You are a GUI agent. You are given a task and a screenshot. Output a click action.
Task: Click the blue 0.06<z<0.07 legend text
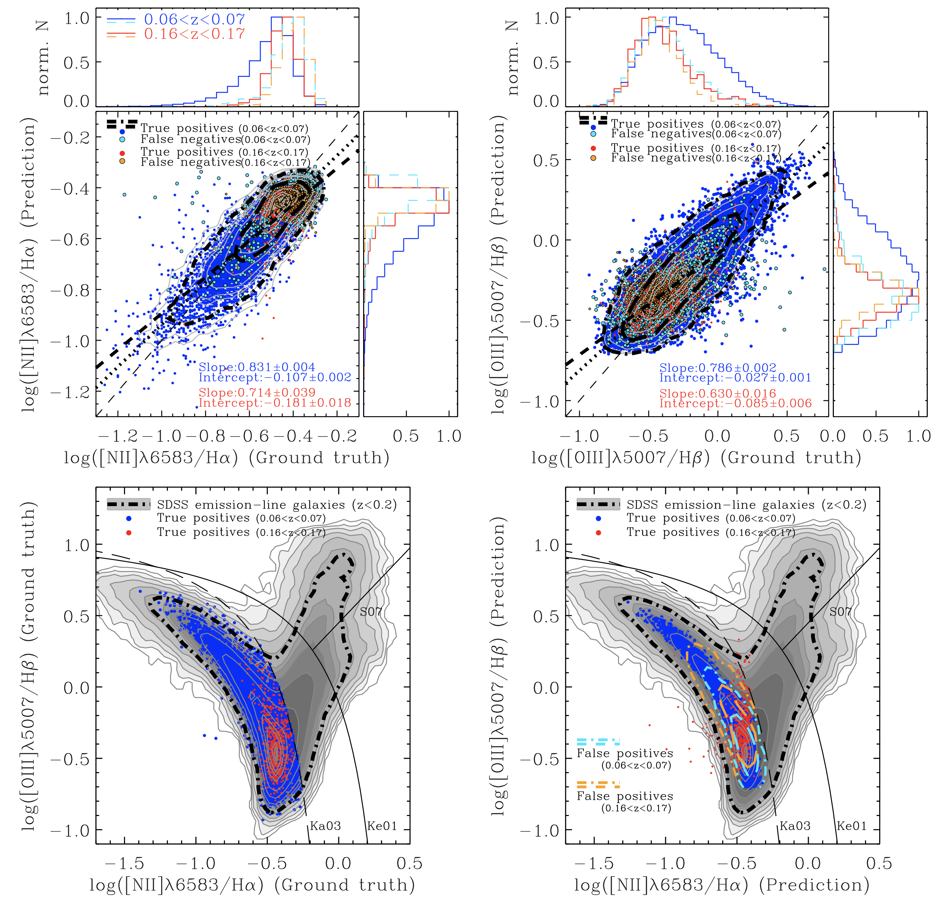[x=194, y=19]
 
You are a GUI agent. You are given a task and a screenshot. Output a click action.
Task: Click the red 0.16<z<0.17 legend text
[x=194, y=34]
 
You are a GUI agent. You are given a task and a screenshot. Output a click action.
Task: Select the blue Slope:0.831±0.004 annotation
[x=257, y=367]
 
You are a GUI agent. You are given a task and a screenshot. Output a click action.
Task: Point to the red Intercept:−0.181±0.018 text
[x=275, y=402]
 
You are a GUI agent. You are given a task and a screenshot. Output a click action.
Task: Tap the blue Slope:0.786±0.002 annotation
[x=718, y=368]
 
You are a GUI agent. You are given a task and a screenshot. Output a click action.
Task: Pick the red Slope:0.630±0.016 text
[x=718, y=393]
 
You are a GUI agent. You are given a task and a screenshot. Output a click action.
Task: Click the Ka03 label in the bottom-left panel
[x=326, y=826]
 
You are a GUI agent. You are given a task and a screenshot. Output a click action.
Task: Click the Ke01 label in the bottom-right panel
[x=852, y=826]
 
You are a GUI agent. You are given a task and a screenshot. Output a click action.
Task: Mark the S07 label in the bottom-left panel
[x=371, y=612]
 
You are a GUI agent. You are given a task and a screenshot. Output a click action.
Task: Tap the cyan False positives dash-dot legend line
[x=598, y=742]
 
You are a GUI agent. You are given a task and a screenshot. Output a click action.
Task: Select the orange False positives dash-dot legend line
[x=598, y=785]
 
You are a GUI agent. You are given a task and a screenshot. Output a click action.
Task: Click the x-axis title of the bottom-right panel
[x=722, y=885]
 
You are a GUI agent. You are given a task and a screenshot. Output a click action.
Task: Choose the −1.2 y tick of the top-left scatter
[x=70, y=392]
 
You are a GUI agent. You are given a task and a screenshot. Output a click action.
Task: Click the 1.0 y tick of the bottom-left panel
[x=77, y=545]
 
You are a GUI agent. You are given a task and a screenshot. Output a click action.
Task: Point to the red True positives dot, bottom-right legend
[x=599, y=532]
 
